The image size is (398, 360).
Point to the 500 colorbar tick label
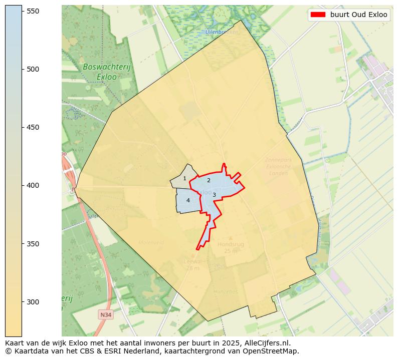(x=33, y=69)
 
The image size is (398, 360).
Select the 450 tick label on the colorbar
(x=33, y=127)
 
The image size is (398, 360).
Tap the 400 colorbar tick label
(x=33, y=185)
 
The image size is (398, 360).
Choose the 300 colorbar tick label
(x=33, y=302)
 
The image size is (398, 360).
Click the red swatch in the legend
(x=318, y=15)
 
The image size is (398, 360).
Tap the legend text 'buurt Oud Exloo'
(x=358, y=15)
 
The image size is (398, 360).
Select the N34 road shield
(x=105, y=314)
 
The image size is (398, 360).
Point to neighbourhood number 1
(x=184, y=179)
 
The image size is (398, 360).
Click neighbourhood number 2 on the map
(x=209, y=180)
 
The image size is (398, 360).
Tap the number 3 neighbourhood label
(x=214, y=195)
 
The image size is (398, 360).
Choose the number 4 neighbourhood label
(x=188, y=200)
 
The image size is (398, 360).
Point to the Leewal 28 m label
(x=192, y=264)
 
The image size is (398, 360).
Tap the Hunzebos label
(x=226, y=291)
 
